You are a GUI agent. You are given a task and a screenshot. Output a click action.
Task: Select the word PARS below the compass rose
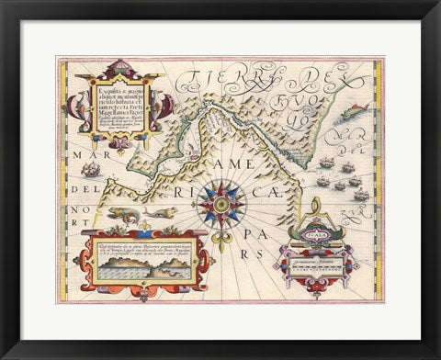tap(241, 248)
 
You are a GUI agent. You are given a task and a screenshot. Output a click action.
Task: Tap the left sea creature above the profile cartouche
tap(119, 213)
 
